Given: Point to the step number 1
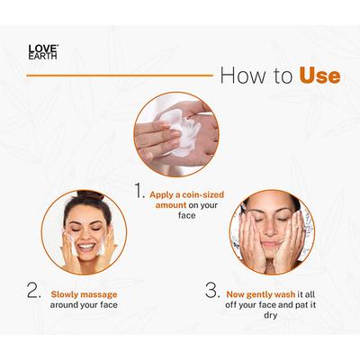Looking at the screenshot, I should point(139,191).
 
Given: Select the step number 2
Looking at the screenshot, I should point(33,292).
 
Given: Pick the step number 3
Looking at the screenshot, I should point(212,291).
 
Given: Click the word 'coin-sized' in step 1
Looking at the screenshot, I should point(197,192).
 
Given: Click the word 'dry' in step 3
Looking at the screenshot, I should point(236,317).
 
